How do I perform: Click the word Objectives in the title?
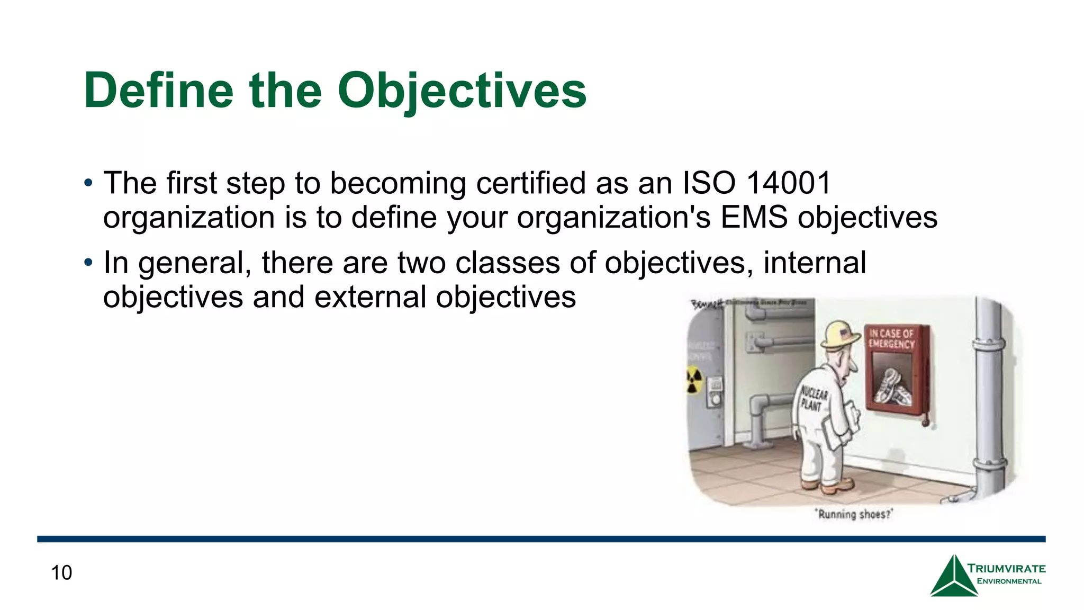(462, 91)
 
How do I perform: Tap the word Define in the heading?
(158, 91)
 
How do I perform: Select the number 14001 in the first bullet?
(789, 183)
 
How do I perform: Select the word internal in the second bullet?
(815, 263)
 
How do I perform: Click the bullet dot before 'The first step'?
(88, 184)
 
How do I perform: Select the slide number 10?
(61, 573)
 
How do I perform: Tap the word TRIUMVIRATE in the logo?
(1006, 569)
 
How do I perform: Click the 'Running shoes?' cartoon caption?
(854, 514)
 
